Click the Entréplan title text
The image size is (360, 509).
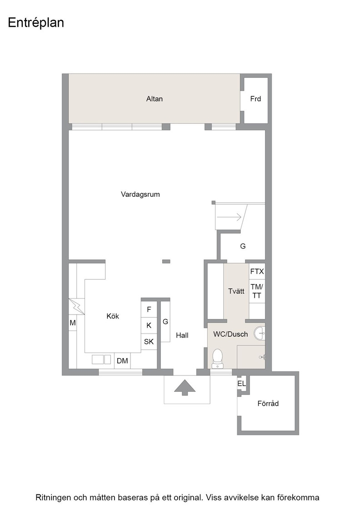36,23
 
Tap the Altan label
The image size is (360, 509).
155,99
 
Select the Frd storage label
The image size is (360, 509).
255,99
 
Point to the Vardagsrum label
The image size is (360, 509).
140,195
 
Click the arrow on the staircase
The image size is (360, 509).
229,216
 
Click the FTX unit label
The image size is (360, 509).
257,271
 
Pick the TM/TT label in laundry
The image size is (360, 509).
257,291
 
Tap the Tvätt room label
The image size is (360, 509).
236,291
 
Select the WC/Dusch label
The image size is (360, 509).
230,334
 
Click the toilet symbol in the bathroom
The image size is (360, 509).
217,359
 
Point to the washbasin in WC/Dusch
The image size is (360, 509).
260,333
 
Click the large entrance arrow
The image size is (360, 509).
185,387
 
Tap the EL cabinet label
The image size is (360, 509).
241,384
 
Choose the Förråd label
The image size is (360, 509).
268,404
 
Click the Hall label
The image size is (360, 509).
182,335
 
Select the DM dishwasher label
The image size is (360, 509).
122,361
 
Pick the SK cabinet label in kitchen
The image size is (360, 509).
149,341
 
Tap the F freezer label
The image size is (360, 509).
149,309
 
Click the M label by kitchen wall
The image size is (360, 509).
73,323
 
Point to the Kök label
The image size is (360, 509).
113,316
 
